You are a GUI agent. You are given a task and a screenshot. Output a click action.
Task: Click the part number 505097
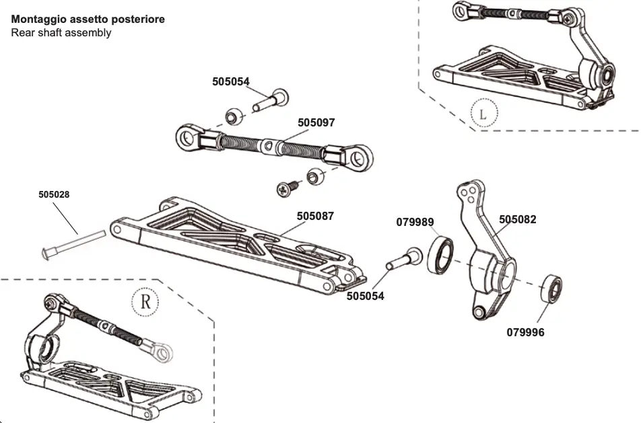316,123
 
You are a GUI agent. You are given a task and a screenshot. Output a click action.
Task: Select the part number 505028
54,194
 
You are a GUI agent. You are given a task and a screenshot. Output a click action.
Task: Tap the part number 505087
315,217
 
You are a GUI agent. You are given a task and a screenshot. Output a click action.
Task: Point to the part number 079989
415,222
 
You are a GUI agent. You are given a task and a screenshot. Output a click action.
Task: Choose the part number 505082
518,219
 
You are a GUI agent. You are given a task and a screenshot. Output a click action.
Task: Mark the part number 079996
525,332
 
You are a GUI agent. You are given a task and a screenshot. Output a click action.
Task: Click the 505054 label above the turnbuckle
230,82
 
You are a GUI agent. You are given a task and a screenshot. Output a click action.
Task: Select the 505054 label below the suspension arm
366,296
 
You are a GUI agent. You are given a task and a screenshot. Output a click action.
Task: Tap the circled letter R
145,301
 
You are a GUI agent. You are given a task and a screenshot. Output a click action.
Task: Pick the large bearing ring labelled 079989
442,254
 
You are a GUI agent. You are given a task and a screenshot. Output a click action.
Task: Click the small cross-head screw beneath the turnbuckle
283,189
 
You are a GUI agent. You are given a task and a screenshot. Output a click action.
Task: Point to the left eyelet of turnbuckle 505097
188,138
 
